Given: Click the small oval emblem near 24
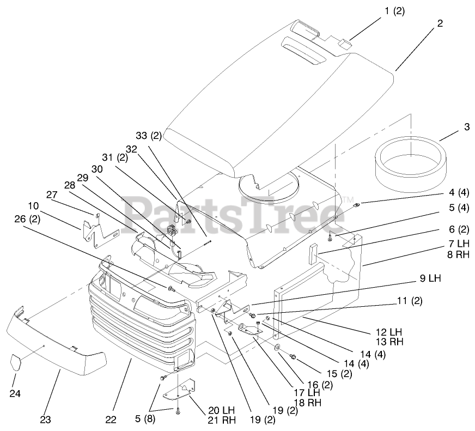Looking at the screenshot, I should (16, 362).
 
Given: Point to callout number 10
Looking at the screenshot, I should (34, 206).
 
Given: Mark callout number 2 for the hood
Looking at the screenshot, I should (440, 23).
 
